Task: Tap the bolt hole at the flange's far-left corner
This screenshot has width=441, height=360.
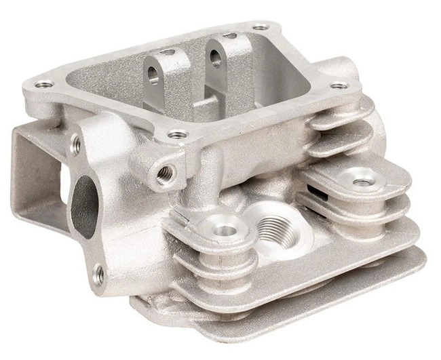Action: (45, 85)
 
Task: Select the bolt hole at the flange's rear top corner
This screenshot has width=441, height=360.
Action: (260, 28)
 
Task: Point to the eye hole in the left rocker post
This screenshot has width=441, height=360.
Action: (154, 73)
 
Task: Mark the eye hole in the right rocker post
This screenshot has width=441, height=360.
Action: (216, 58)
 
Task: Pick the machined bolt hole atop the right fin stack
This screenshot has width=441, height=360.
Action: (362, 182)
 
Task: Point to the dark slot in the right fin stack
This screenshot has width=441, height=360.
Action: (325, 193)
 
